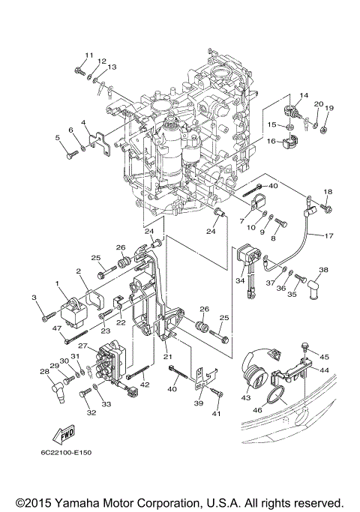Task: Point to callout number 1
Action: (57, 283)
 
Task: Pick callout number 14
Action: (304, 94)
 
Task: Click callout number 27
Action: (82, 346)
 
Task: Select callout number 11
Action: (88, 55)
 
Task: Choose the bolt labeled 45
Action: (304, 346)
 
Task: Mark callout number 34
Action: (241, 281)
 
